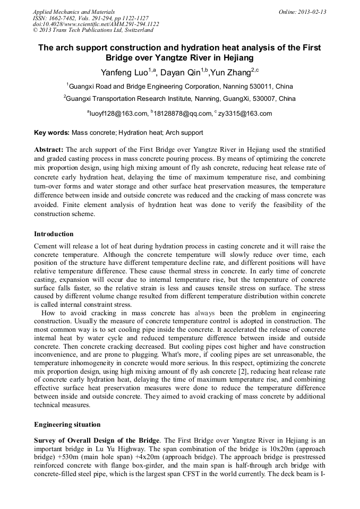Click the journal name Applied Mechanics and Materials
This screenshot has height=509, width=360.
click(73, 12)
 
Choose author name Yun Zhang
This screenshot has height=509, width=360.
click(230, 73)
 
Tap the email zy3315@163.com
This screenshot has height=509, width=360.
click(245, 113)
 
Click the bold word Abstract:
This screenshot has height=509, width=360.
click(49, 150)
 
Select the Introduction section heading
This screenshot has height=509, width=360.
click(54, 234)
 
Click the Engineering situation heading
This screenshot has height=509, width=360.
click(67, 425)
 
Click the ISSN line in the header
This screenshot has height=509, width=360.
click(91, 18)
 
